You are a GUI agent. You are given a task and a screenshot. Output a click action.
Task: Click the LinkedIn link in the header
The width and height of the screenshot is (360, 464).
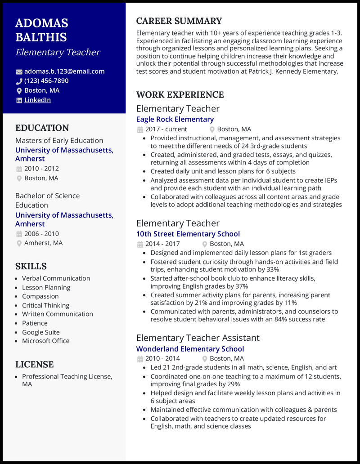tap(37, 100)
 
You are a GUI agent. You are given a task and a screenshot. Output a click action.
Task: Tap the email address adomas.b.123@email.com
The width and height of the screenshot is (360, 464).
tap(64, 71)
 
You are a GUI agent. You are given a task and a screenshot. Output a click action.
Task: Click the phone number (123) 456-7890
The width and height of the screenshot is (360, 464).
tap(46, 81)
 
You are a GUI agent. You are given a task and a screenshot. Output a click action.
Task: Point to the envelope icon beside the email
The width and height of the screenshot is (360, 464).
tap(19, 71)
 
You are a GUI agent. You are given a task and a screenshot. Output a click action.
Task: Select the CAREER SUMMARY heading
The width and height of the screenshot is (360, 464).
tap(179, 21)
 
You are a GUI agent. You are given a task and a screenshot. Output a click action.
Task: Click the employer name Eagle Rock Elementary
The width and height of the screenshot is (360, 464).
tap(175, 119)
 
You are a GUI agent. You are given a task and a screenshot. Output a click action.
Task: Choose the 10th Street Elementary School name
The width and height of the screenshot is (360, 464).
tap(188, 234)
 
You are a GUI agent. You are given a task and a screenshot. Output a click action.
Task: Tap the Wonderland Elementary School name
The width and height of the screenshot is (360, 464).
tap(190, 349)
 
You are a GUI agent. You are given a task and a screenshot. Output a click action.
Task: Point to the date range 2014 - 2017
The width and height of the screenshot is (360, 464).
tap(162, 244)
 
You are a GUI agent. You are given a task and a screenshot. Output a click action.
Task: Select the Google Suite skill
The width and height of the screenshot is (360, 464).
tap(40, 332)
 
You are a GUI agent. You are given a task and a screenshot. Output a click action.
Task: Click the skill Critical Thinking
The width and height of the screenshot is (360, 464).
tap(45, 305)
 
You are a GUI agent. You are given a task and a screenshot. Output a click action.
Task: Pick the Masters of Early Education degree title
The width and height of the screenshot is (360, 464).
tap(59, 140)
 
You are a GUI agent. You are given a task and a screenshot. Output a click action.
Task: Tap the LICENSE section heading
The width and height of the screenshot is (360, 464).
tap(34, 364)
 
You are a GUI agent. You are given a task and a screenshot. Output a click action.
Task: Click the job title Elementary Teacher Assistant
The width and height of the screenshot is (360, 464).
tap(198, 338)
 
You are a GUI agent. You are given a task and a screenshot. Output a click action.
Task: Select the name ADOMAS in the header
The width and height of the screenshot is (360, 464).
tap(42, 23)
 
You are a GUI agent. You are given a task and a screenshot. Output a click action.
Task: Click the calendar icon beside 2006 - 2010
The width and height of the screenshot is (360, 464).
tap(19, 234)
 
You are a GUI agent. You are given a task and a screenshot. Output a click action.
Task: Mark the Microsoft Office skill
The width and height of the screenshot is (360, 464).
tap(45, 341)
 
